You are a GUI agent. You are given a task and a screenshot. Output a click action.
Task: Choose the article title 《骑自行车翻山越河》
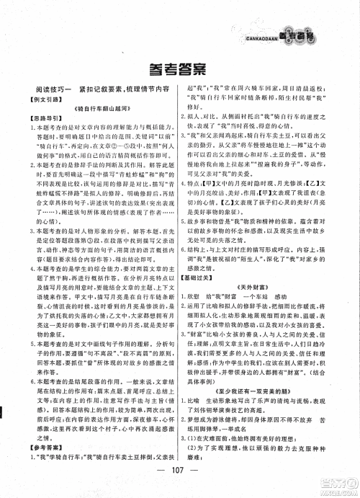coord(96,122)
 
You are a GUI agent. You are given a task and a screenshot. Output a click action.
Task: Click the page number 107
coord(180,481)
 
